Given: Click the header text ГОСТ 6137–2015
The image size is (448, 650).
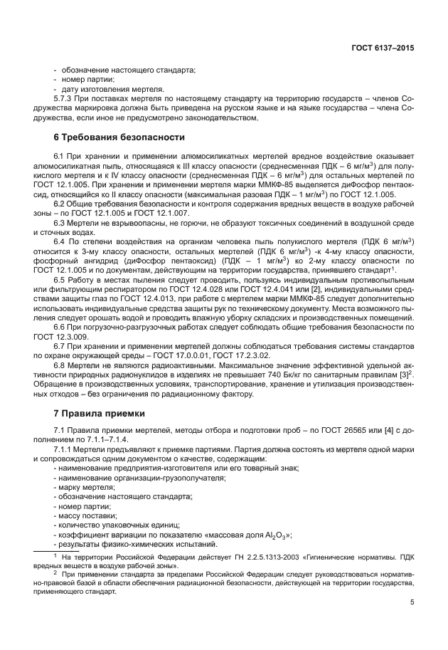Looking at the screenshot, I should [383, 48].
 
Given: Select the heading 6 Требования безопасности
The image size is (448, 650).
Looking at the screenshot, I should [119, 137].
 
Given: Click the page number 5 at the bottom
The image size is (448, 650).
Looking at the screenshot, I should [412, 602].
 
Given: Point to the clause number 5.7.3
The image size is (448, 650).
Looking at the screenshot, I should [65, 99].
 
